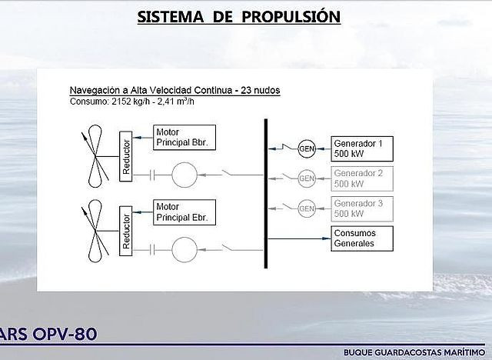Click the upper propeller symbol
click(95, 156)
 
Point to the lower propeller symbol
click(95, 231)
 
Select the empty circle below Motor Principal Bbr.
click(184, 162)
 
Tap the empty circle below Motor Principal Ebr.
click(184, 237)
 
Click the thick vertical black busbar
click(266, 194)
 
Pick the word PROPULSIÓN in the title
click(291, 17)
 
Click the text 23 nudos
click(260, 91)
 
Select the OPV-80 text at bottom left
click(65, 335)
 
